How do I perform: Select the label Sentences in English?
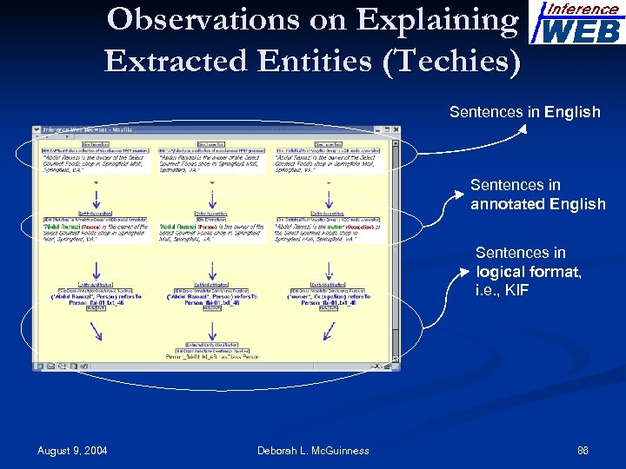coord(524,112)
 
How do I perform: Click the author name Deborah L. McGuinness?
coord(313,450)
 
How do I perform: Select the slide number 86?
coord(583,450)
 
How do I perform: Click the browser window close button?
coord(396,130)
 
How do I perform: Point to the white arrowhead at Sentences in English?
coord(523,131)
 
